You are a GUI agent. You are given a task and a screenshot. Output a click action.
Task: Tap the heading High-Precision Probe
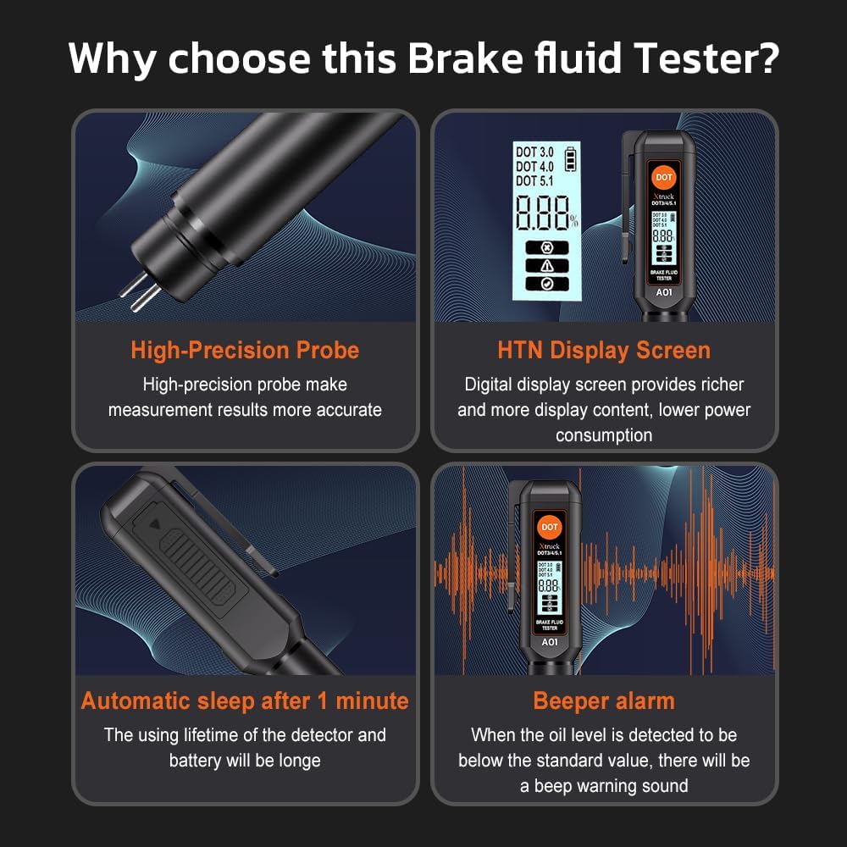pyautogui.click(x=245, y=350)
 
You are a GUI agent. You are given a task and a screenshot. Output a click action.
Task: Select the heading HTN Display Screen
pyautogui.click(x=604, y=350)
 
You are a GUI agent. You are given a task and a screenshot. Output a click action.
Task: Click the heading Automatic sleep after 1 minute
pyautogui.click(x=245, y=700)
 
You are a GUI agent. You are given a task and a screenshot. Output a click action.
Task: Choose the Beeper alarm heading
pyautogui.click(x=604, y=700)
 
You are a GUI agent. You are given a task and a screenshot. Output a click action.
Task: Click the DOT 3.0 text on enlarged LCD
pyautogui.click(x=534, y=152)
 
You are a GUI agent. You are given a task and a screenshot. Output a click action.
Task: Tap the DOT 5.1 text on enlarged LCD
pyautogui.click(x=534, y=180)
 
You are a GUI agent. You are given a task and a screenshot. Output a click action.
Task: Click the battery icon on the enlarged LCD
pyautogui.click(x=569, y=158)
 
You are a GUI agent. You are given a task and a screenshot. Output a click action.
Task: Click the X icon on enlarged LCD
pyautogui.click(x=546, y=248)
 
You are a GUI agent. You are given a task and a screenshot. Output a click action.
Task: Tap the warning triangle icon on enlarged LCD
pyautogui.click(x=546, y=266)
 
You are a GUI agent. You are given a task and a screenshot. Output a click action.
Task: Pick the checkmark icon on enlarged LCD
pyautogui.click(x=546, y=284)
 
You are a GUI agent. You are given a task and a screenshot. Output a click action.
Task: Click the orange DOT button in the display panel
pyautogui.click(x=663, y=177)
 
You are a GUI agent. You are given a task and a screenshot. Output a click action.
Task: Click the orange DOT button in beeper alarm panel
pyautogui.click(x=550, y=527)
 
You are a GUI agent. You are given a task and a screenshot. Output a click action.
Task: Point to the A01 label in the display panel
pyautogui.click(x=663, y=293)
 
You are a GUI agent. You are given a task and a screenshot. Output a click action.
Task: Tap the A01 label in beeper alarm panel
pyautogui.click(x=550, y=642)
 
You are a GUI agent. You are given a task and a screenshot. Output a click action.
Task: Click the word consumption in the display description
pyautogui.click(x=604, y=435)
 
